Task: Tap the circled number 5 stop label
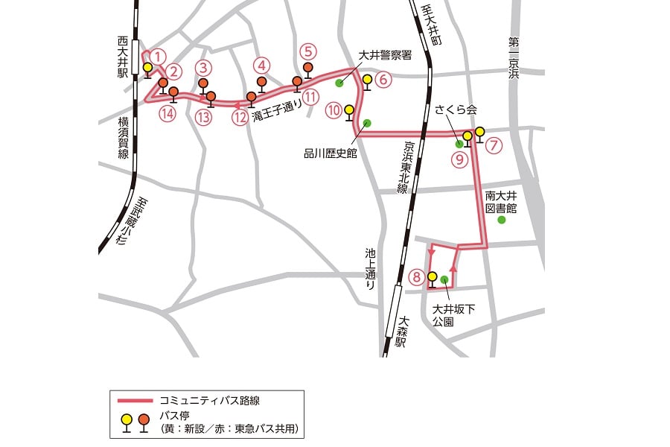point(309,51)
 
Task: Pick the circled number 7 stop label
point(496,145)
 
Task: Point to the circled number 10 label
point(333,110)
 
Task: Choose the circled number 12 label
point(239,116)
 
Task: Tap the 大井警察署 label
point(385,55)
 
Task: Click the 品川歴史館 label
point(331,153)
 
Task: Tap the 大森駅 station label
point(401,332)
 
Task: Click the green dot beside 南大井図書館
point(502,221)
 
